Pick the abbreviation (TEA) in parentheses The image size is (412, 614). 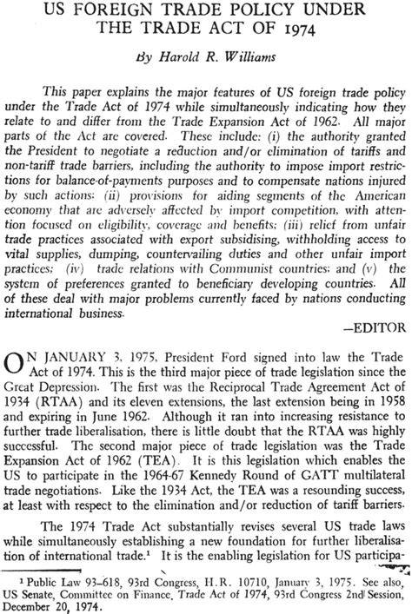tap(151, 479)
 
